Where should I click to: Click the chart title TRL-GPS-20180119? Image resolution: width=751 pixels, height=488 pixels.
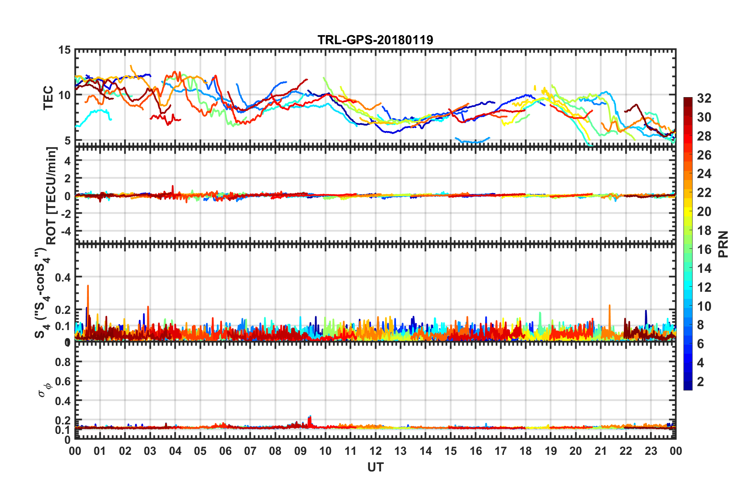point(375,40)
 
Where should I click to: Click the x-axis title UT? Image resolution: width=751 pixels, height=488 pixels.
point(375,467)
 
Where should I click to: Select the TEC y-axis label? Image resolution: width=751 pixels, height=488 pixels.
point(48,98)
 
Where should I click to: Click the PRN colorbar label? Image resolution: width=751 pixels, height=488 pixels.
point(723,244)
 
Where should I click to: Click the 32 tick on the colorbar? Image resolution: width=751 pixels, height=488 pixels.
point(704,98)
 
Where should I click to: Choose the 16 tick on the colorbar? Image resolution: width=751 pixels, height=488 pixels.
point(704,250)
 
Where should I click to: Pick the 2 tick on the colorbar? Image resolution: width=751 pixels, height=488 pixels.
point(701,381)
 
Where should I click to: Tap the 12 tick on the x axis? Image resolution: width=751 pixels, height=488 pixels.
point(375,451)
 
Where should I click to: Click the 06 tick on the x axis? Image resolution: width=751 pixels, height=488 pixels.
point(225,451)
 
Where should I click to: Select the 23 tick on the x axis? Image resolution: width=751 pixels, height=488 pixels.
point(651,451)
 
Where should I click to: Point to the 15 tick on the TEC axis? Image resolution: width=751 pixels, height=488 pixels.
point(64,50)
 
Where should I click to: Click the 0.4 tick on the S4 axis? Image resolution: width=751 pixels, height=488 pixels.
point(63,277)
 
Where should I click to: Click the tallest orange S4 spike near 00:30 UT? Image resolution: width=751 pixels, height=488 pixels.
point(88,286)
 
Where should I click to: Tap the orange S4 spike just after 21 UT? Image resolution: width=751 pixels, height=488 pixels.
point(609,306)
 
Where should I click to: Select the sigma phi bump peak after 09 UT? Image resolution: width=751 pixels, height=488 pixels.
point(310,417)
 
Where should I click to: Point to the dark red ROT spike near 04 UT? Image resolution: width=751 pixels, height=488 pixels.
point(173,186)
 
